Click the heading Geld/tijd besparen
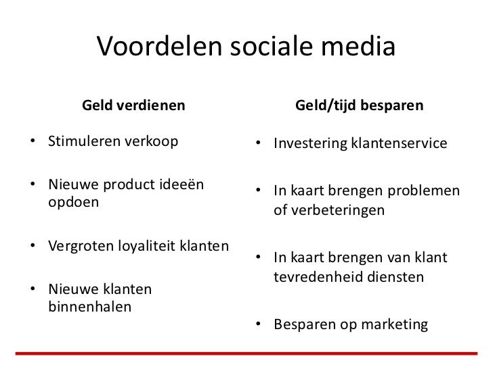pos(360,106)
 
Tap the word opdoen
pos(73,202)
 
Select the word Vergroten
pos(78,244)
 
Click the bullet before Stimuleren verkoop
pos(32,143)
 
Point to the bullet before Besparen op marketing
pos(258,325)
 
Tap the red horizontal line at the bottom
pos(246,353)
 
